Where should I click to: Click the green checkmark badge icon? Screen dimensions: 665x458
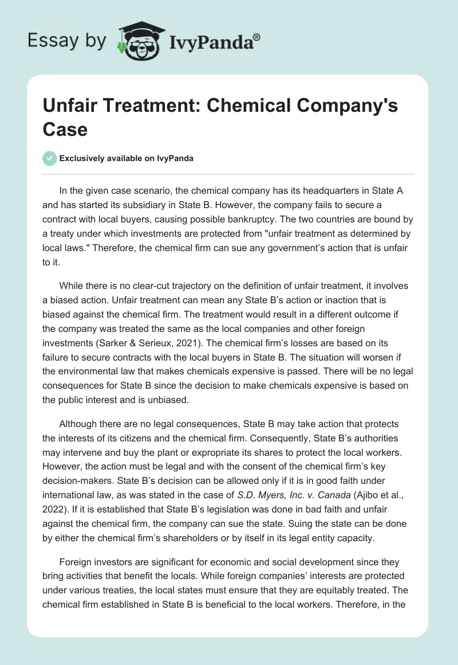[x=50, y=158]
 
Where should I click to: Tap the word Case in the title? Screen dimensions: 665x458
[x=65, y=130]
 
